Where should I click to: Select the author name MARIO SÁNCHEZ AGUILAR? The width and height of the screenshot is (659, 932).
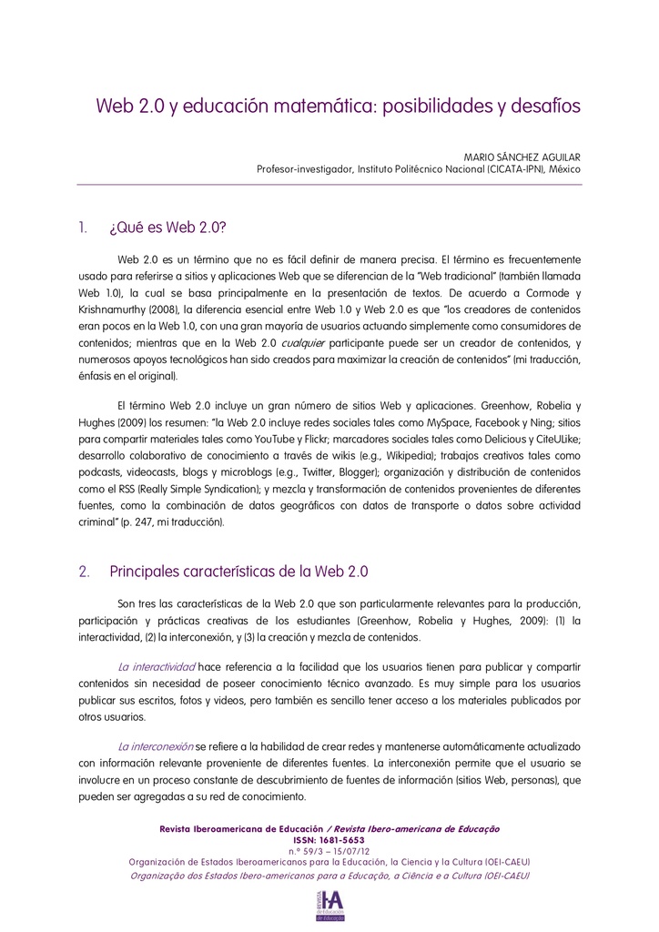[522, 157]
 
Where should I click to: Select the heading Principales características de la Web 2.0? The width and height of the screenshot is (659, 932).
[238, 572]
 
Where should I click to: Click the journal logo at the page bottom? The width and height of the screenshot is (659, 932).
[329, 904]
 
